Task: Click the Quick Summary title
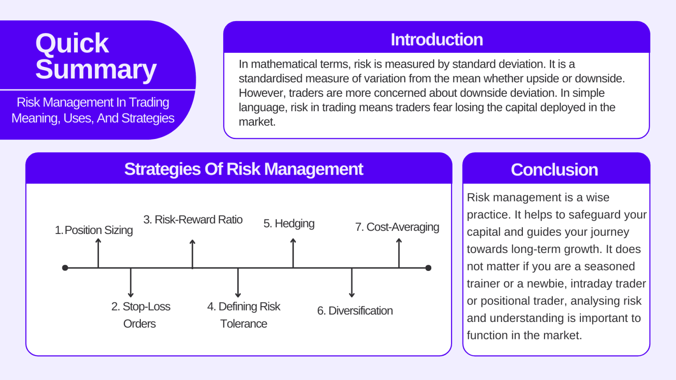point(96,56)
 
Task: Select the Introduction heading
point(437,40)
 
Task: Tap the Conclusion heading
point(554,170)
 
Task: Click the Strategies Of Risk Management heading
point(243,169)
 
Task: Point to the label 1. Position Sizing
point(94,230)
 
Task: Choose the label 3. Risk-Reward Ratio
point(193,219)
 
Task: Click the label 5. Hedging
point(289,223)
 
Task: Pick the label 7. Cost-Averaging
point(397,227)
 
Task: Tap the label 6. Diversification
point(355,311)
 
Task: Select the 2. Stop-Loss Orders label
point(140,315)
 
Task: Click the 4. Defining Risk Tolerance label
point(243,315)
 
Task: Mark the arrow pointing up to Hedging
point(293,252)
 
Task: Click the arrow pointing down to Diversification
point(352,283)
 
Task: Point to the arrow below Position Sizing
point(99,252)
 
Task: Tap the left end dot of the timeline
point(65,268)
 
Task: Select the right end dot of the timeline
point(428,268)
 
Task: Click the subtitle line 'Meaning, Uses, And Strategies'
point(93,118)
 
